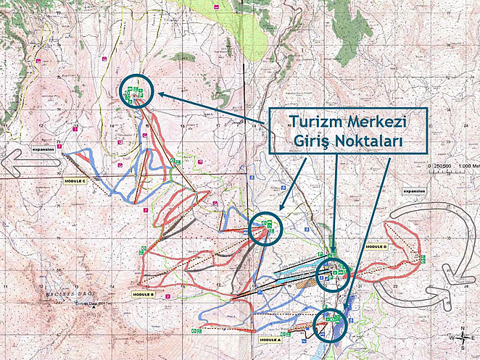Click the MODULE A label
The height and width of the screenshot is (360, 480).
[270, 339]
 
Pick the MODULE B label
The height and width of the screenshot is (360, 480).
[143, 295]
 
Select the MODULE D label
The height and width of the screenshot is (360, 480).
[377, 247]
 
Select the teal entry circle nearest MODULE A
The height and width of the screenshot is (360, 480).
[331, 324]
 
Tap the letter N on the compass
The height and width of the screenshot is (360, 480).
[461, 327]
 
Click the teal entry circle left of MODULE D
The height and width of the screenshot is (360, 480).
[333, 273]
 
